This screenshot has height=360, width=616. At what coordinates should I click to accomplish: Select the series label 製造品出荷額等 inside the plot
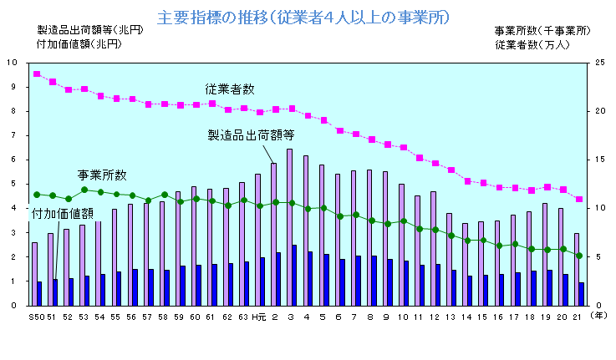[x=252, y=134]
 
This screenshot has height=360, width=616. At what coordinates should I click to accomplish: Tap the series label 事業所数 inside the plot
[x=102, y=175]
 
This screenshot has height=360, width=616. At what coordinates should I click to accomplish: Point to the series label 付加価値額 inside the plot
[x=62, y=215]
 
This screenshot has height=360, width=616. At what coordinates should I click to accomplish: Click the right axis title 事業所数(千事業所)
[x=542, y=30]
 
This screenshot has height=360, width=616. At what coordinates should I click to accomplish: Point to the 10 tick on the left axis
[x=12, y=63]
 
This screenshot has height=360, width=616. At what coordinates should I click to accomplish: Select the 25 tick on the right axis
[x=598, y=63]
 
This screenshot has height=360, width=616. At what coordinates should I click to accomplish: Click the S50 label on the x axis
[x=36, y=317]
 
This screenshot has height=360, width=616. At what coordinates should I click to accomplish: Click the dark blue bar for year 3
[x=294, y=275]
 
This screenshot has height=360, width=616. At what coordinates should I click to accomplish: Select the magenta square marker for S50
[x=37, y=74]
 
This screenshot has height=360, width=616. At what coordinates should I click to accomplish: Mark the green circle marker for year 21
[x=579, y=256]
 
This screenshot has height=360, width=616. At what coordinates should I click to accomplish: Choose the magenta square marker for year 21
[x=579, y=199]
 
